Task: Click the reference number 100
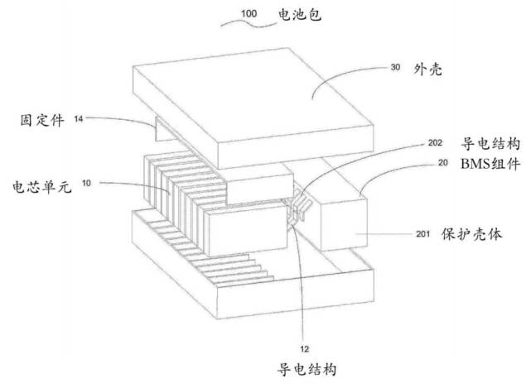click(x=249, y=14)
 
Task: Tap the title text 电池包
click(x=299, y=15)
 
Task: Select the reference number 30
click(x=395, y=67)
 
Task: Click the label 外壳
click(x=427, y=69)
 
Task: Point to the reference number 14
click(x=79, y=119)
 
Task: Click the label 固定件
click(x=42, y=120)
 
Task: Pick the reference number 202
click(x=435, y=143)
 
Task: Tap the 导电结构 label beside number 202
click(x=490, y=143)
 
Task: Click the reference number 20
click(x=443, y=163)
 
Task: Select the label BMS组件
click(x=490, y=164)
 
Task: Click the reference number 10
click(x=86, y=183)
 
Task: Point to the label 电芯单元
click(x=42, y=186)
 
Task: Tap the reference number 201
click(x=423, y=234)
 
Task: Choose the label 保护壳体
click(x=471, y=234)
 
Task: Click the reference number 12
click(x=305, y=349)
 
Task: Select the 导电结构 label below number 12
click(x=307, y=369)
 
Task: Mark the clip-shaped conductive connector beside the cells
click(x=298, y=207)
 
